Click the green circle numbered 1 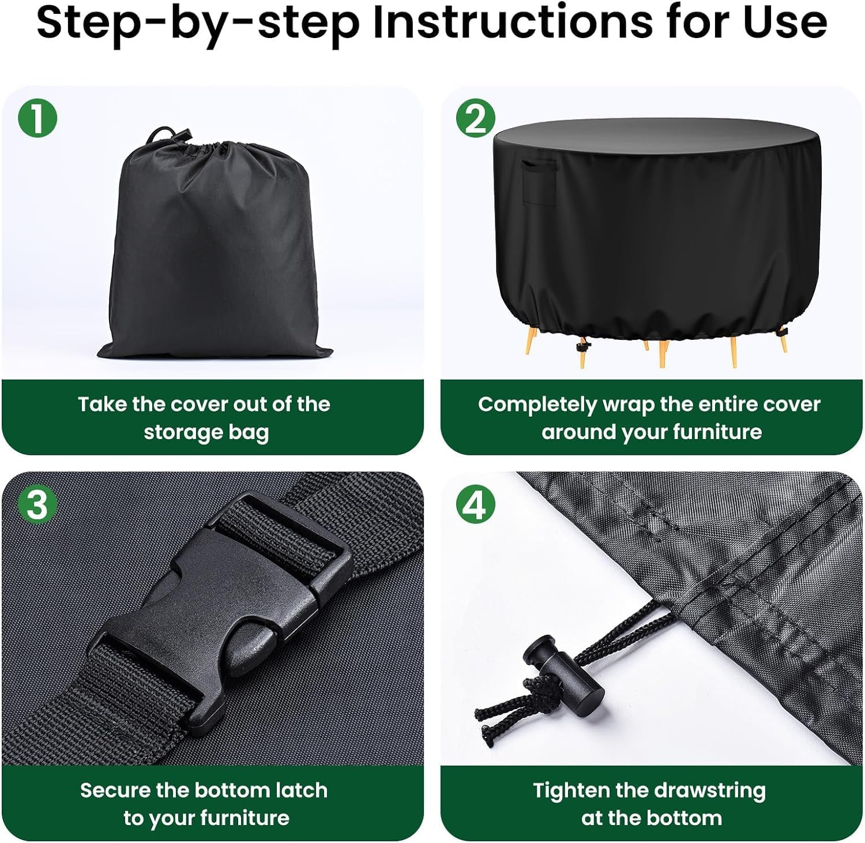tap(37, 118)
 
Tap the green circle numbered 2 tap(476, 118)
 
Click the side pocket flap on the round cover tap(539, 181)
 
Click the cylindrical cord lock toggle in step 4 tap(563, 673)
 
